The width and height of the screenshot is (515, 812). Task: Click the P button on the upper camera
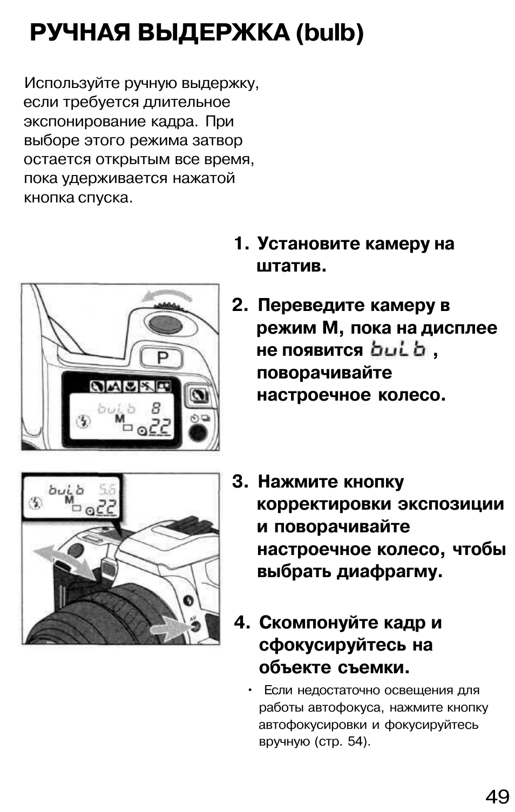pos(162,357)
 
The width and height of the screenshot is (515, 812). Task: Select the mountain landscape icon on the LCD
pos(114,386)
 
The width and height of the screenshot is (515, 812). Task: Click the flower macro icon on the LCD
pos(131,386)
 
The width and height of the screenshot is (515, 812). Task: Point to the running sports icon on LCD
pos(147,386)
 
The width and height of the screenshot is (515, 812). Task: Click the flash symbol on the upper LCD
pos(83,422)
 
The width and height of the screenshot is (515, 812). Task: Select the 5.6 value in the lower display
pos(107,490)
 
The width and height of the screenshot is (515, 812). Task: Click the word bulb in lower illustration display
pos(66,490)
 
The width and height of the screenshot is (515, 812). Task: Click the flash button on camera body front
pos(188,600)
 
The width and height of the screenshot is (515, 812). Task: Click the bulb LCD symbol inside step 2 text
pos(398,350)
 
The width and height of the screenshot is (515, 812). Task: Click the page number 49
pos(497,796)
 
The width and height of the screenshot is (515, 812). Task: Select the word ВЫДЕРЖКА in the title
pos(213,33)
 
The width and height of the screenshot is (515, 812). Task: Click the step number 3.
pos(239,482)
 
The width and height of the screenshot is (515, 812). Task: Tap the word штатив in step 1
pos(290,266)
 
